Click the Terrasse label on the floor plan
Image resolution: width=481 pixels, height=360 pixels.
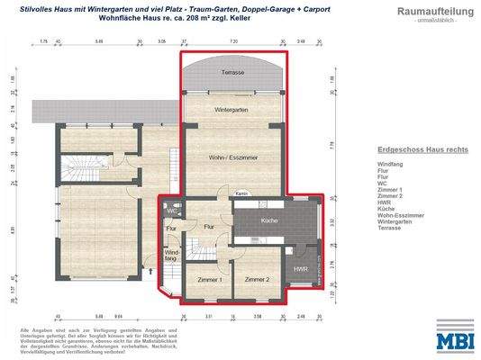tap(236, 70)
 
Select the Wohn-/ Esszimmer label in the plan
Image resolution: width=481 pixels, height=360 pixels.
tap(236, 157)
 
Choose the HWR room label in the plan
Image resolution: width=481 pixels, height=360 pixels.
tap(301, 269)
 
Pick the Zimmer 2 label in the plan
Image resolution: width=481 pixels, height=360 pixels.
tap(256, 281)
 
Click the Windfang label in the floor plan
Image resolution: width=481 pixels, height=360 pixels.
tap(172, 256)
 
